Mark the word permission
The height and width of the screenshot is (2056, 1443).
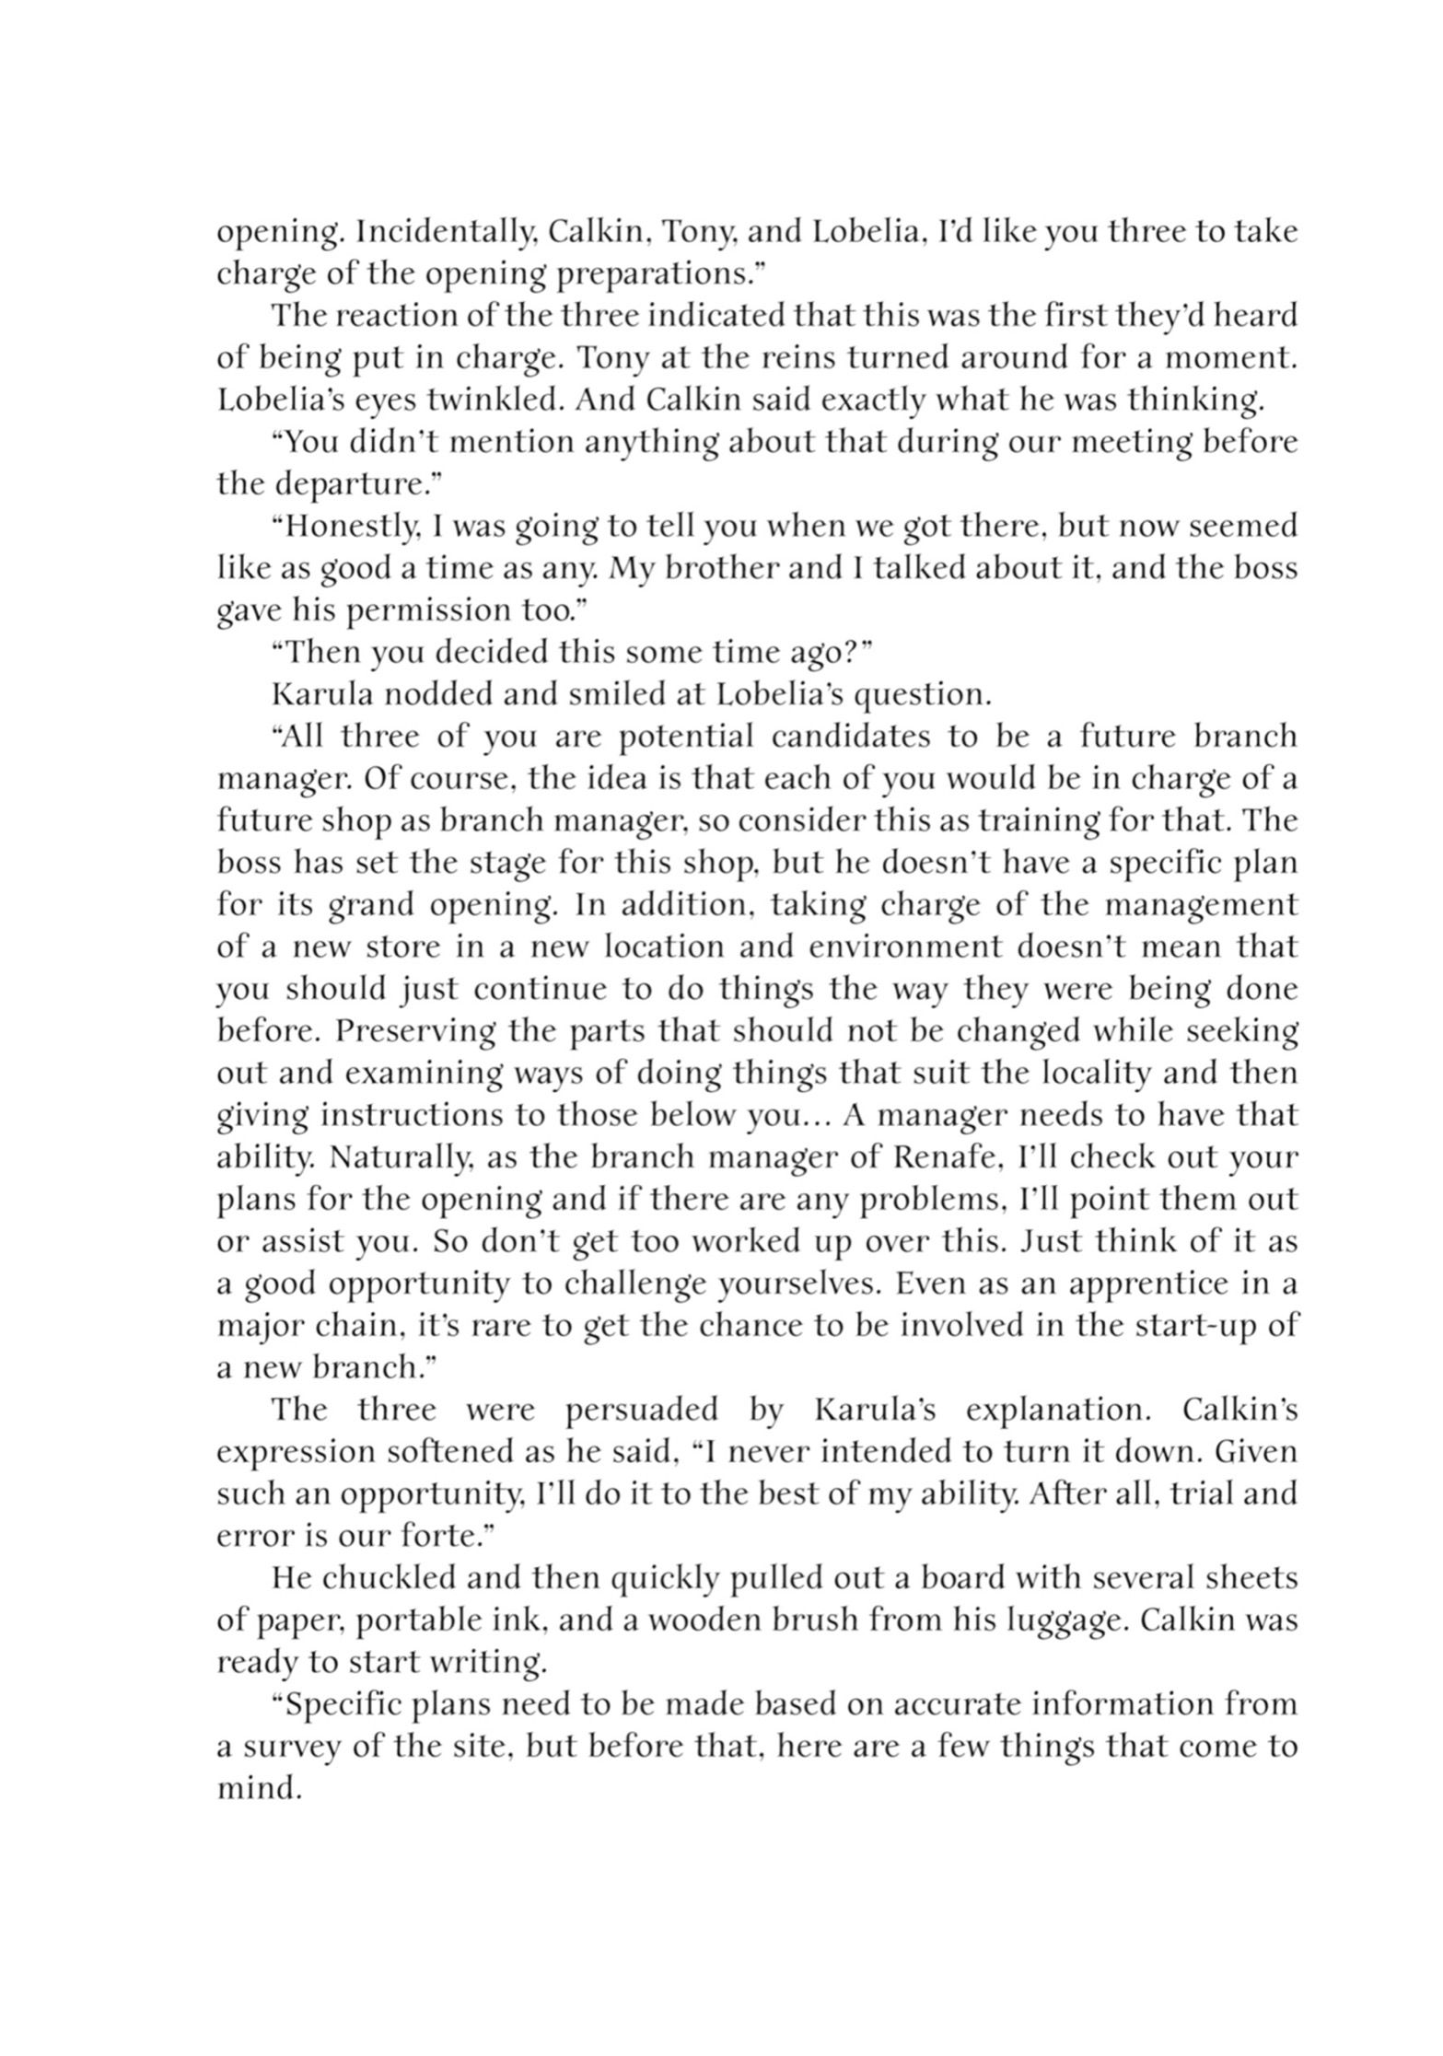(x=412, y=611)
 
